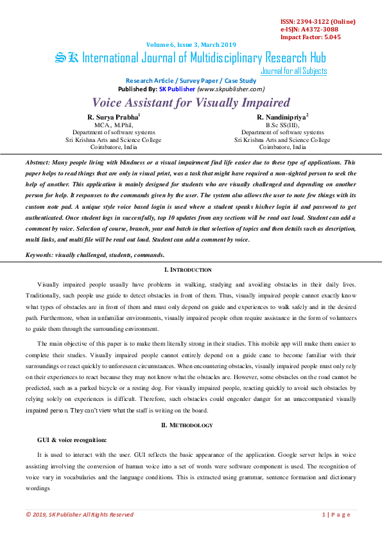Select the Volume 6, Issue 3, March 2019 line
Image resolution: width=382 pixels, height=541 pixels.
[191, 44]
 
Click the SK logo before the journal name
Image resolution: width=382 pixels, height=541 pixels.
[67, 58]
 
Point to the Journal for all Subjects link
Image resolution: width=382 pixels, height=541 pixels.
[294, 71]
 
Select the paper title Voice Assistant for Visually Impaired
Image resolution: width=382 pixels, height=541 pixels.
[191, 103]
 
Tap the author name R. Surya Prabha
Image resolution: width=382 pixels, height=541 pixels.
[113, 117]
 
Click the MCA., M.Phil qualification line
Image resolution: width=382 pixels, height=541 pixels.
[113, 125]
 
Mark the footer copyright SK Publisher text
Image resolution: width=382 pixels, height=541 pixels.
[80, 515]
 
